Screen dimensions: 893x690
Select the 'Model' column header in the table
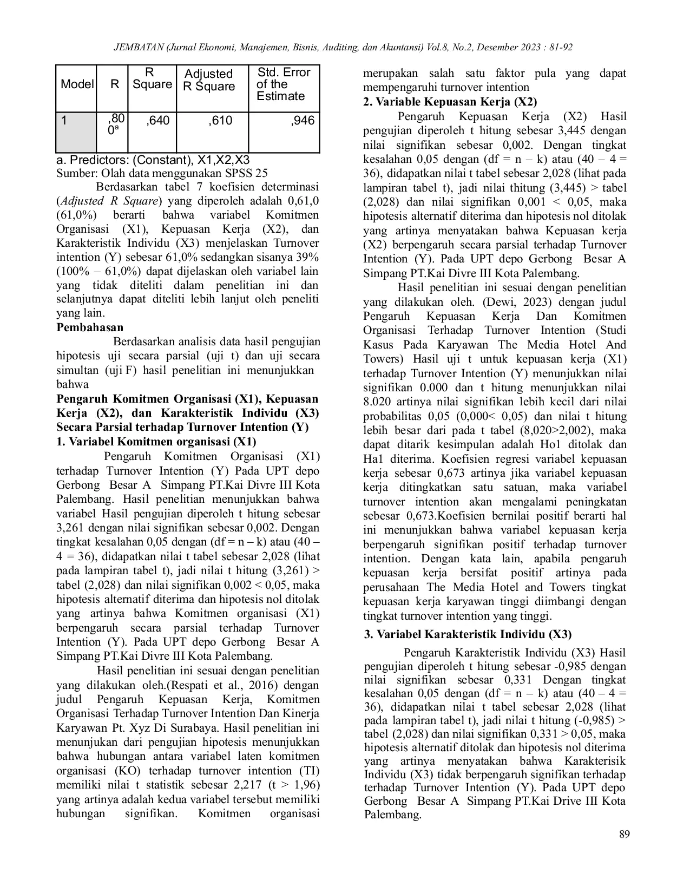pos(77,84)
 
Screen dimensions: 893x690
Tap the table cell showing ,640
pos(157,121)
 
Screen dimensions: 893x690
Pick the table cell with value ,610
pos(220,121)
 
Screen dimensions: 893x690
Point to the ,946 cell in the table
pos(302,121)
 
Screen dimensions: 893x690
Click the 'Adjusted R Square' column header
pos(209,80)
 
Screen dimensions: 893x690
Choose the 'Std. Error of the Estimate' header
pos(282,84)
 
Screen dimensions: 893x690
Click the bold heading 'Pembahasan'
pos(90,327)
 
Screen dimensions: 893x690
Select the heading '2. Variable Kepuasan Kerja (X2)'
pos(450,102)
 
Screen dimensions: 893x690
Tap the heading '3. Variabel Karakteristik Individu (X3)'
pos(468,634)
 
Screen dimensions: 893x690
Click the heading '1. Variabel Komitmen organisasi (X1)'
pos(156,442)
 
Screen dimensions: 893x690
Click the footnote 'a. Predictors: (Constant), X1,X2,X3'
pos(153,160)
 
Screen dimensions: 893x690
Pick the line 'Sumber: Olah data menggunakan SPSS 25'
pos(162,174)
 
